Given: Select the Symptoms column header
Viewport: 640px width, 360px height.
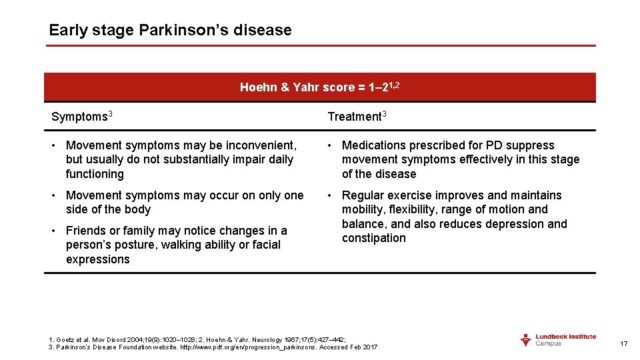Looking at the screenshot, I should click(79, 117).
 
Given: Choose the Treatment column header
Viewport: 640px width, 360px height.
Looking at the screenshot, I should click(353, 117).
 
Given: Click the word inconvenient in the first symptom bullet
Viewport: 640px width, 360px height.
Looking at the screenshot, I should click(257, 145).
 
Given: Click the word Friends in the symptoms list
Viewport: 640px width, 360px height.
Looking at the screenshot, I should click(85, 231).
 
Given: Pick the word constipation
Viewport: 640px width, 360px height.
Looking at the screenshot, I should click(373, 238).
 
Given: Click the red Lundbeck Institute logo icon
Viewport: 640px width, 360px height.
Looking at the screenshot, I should click(526, 340).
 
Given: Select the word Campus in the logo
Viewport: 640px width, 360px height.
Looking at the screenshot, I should click(549, 343).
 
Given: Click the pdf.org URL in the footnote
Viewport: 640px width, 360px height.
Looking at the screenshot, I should click(247, 347).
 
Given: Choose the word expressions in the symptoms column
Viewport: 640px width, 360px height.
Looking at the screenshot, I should click(97, 259).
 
